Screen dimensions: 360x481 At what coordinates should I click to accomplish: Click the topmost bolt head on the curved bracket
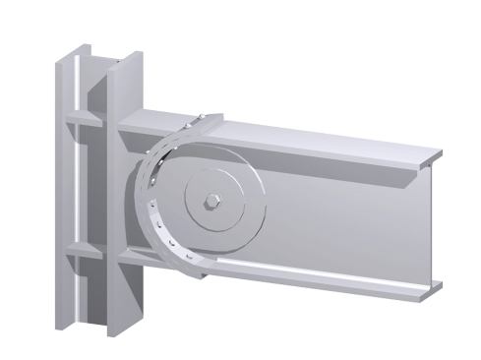tap(200, 121)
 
